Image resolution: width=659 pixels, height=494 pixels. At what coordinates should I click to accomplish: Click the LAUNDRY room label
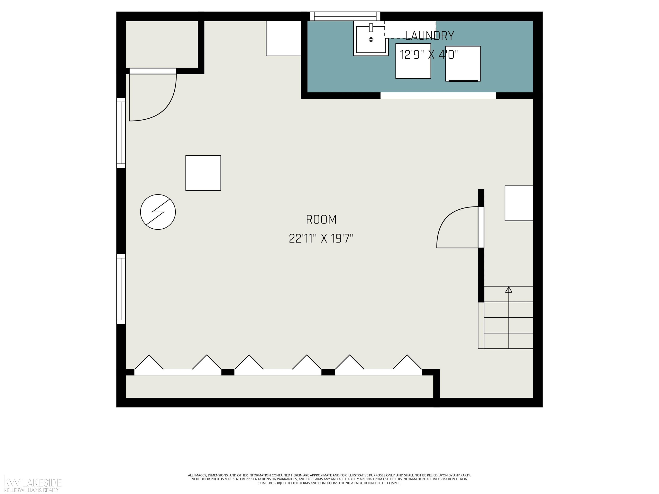[x=429, y=36]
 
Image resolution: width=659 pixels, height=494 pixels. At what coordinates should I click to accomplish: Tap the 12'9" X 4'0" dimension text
[x=429, y=55]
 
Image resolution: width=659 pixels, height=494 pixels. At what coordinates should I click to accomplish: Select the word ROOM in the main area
[x=321, y=220]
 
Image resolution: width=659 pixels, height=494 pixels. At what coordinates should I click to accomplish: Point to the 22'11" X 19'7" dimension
[x=321, y=238]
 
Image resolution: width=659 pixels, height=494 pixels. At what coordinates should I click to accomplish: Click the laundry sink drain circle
[x=371, y=40]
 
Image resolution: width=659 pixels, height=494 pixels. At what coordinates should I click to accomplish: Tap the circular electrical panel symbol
[x=158, y=212]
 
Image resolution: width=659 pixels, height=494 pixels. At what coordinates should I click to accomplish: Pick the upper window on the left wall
[x=121, y=133]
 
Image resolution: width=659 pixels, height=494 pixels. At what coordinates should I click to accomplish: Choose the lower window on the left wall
[x=121, y=289]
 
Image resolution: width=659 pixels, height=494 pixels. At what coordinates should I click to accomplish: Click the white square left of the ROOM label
[x=203, y=173]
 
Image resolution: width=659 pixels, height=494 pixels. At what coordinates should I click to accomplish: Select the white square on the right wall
[x=519, y=203]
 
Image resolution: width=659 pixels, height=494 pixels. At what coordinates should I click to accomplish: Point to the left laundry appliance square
[x=413, y=61]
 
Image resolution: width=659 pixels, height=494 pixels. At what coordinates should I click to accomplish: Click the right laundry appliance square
[x=463, y=64]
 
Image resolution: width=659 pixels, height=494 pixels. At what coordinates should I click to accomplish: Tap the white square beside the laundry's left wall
[x=283, y=38]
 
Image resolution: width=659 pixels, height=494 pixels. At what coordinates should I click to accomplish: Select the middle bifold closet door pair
[x=278, y=365]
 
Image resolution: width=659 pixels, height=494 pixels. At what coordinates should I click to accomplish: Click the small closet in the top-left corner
[x=162, y=44]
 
